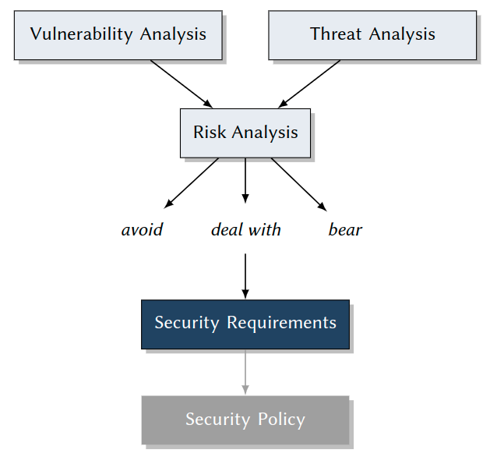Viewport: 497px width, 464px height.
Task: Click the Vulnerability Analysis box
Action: click(118, 35)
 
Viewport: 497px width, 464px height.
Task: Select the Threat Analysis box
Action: click(372, 35)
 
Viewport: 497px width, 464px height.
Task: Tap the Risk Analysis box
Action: click(245, 133)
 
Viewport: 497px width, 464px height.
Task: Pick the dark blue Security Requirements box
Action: click(245, 324)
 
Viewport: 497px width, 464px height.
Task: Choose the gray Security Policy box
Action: click(245, 420)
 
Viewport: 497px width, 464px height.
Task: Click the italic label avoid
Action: click(142, 230)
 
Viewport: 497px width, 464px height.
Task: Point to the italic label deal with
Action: click(245, 230)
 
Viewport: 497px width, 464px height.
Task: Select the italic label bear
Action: click(345, 230)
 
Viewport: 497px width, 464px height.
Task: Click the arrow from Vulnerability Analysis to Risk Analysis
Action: click(181, 83)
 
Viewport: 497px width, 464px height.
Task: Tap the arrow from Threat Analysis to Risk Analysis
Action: click(309, 83)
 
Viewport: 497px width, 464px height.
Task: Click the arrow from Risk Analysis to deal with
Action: click(245, 179)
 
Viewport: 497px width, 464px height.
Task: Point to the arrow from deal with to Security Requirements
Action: click(245, 275)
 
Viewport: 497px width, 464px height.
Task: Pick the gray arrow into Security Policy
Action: click(245, 371)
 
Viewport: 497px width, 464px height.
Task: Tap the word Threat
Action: click(337, 34)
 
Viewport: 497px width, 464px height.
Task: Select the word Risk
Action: click(210, 133)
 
